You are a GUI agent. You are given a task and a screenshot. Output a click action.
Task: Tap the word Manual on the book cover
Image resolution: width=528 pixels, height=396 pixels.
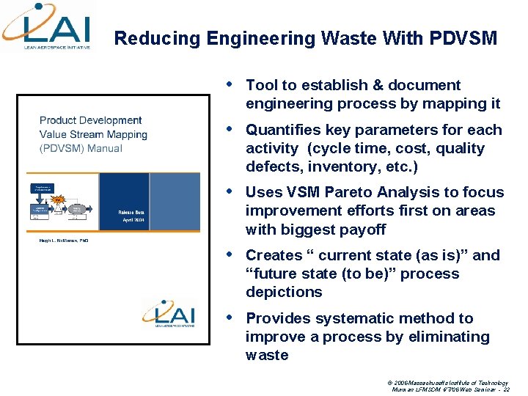tap(103, 148)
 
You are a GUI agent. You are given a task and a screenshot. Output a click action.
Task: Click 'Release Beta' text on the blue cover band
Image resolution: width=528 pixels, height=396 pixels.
tap(134, 213)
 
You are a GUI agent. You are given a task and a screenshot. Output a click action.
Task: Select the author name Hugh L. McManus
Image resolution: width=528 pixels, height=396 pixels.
tap(64, 240)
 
